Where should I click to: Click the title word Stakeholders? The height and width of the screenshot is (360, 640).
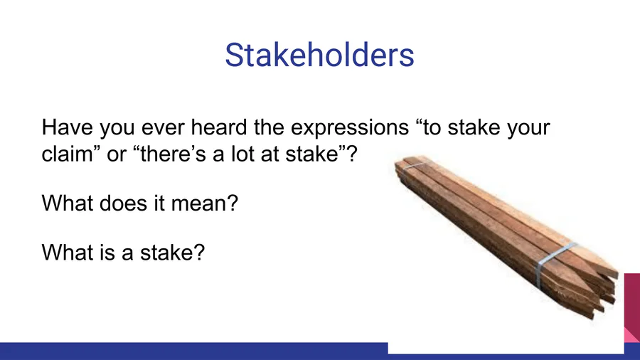click(x=319, y=55)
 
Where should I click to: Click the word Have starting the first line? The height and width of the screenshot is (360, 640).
click(x=67, y=127)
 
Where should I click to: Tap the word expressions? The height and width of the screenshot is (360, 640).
click(x=350, y=128)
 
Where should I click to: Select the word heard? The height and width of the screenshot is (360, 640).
click(x=219, y=127)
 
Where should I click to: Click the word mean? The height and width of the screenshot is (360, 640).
click(x=199, y=203)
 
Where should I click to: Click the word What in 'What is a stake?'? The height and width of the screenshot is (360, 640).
click(x=68, y=252)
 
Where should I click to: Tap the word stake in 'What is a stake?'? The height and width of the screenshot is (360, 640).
click(x=167, y=252)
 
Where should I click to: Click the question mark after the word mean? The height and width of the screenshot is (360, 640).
click(x=233, y=203)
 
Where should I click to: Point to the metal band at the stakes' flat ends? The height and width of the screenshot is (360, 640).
click(x=412, y=168)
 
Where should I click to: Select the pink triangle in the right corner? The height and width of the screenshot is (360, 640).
click(x=632, y=334)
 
